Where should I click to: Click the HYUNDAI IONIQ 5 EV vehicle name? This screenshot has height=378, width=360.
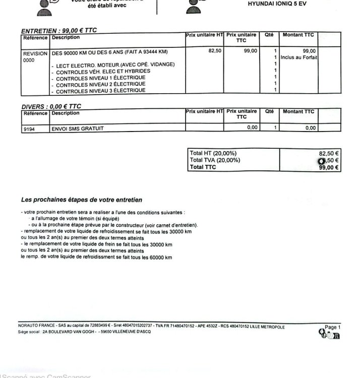(x=277, y=4)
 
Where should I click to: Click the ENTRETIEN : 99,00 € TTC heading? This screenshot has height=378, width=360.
(x=59, y=30)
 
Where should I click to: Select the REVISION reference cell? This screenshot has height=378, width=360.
(x=35, y=53)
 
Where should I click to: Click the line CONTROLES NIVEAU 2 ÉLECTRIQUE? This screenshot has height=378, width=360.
(x=100, y=84)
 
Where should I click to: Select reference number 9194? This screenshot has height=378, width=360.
(x=29, y=129)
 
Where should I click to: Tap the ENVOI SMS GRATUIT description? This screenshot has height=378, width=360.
(x=78, y=129)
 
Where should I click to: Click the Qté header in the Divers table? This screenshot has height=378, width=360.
(x=269, y=112)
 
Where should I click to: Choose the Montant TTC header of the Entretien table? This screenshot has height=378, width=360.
(x=298, y=35)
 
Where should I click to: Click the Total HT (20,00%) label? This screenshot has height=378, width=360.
(x=213, y=153)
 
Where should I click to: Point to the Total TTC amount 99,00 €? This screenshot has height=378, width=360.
(x=329, y=168)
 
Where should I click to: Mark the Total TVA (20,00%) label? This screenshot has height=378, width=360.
(x=214, y=160)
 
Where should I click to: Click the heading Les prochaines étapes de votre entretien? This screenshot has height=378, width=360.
(x=82, y=200)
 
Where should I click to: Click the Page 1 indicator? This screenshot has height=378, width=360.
(x=332, y=327)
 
